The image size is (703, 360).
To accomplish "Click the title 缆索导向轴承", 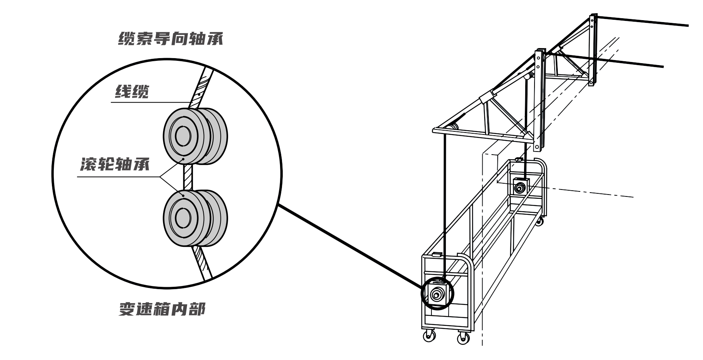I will [x=171, y=39].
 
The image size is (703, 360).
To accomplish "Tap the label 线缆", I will [x=132, y=92].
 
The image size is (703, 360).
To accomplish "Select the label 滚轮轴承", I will [x=115, y=165].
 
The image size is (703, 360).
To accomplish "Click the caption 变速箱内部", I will [x=161, y=309].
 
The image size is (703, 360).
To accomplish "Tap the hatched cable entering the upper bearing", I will [x=201, y=87].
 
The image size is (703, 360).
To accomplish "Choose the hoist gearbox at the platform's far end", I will [x=519, y=186].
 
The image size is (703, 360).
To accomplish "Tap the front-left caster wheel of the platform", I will [x=429, y=336].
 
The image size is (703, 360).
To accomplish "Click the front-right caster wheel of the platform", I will [x=463, y=338].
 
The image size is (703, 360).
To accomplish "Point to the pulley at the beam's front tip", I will [x=451, y=128].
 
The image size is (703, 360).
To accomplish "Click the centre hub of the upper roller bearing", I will [x=182, y=136].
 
